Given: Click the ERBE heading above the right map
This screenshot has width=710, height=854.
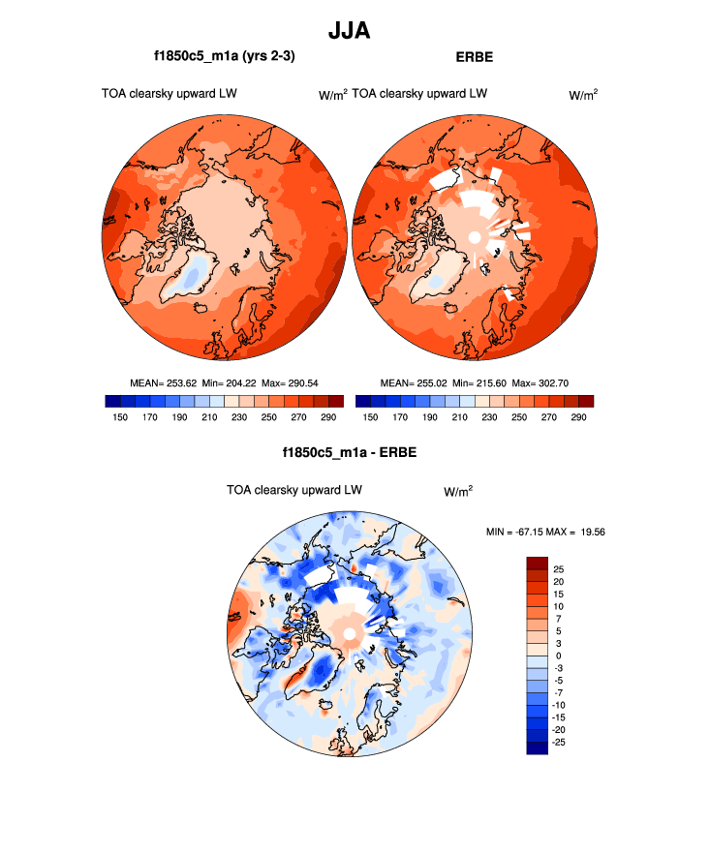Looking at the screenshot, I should tap(474, 57).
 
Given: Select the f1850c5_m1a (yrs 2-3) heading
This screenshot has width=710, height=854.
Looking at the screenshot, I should tap(224, 57).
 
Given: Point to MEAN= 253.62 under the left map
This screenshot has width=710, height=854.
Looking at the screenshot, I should tap(165, 383).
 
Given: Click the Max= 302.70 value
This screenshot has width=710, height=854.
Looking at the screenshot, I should tap(540, 383).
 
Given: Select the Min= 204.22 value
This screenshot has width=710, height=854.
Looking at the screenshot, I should tap(228, 383).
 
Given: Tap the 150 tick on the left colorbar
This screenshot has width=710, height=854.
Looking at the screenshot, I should tap(120, 417).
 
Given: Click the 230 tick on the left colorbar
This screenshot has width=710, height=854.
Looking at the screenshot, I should tap(233, 417).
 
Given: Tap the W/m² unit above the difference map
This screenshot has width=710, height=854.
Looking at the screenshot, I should tap(458, 492).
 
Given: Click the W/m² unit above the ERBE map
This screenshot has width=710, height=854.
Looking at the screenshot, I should tap(582, 95).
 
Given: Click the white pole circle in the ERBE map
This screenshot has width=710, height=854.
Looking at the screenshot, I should tap(475, 237).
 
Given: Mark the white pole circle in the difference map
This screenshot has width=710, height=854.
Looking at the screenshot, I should tap(349, 635).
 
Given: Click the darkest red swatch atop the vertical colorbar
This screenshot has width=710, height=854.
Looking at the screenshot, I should tap(538, 564).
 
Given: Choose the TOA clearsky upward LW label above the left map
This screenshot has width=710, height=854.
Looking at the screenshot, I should tap(170, 94).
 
